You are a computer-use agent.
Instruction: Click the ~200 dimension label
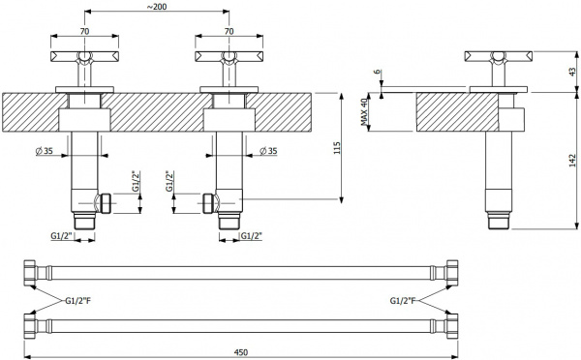tap(157, 7)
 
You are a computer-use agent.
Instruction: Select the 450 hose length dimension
tap(241, 352)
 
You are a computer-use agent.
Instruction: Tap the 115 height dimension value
tap(337, 148)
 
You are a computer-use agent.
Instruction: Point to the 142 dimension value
tap(573, 161)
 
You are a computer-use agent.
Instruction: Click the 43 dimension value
tap(573, 72)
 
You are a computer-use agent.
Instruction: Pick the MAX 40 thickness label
tap(364, 112)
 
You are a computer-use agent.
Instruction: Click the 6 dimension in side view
tap(378, 72)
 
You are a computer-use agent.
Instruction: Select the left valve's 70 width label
tap(85, 32)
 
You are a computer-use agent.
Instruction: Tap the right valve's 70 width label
tap(229, 32)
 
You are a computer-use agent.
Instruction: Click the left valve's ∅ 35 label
tap(45, 151)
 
